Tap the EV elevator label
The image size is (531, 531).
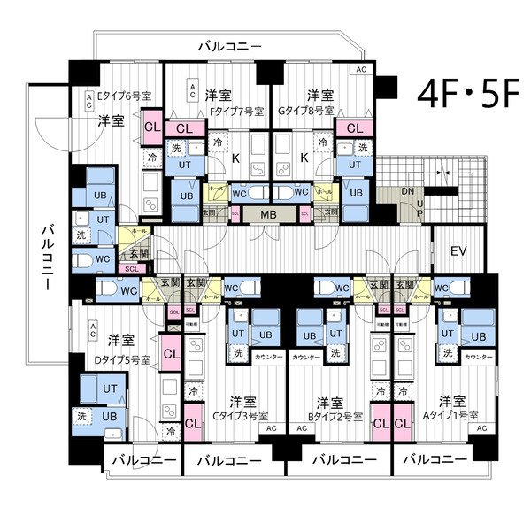[x=458, y=250]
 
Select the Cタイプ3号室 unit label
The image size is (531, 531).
[x=236, y=415]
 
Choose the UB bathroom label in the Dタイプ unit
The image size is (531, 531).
[x=109, y=416]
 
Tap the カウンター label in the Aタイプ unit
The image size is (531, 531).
[x=478, y=356]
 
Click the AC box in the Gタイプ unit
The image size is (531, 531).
[x=360, y=69]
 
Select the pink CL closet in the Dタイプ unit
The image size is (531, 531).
[x=170, y=353]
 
